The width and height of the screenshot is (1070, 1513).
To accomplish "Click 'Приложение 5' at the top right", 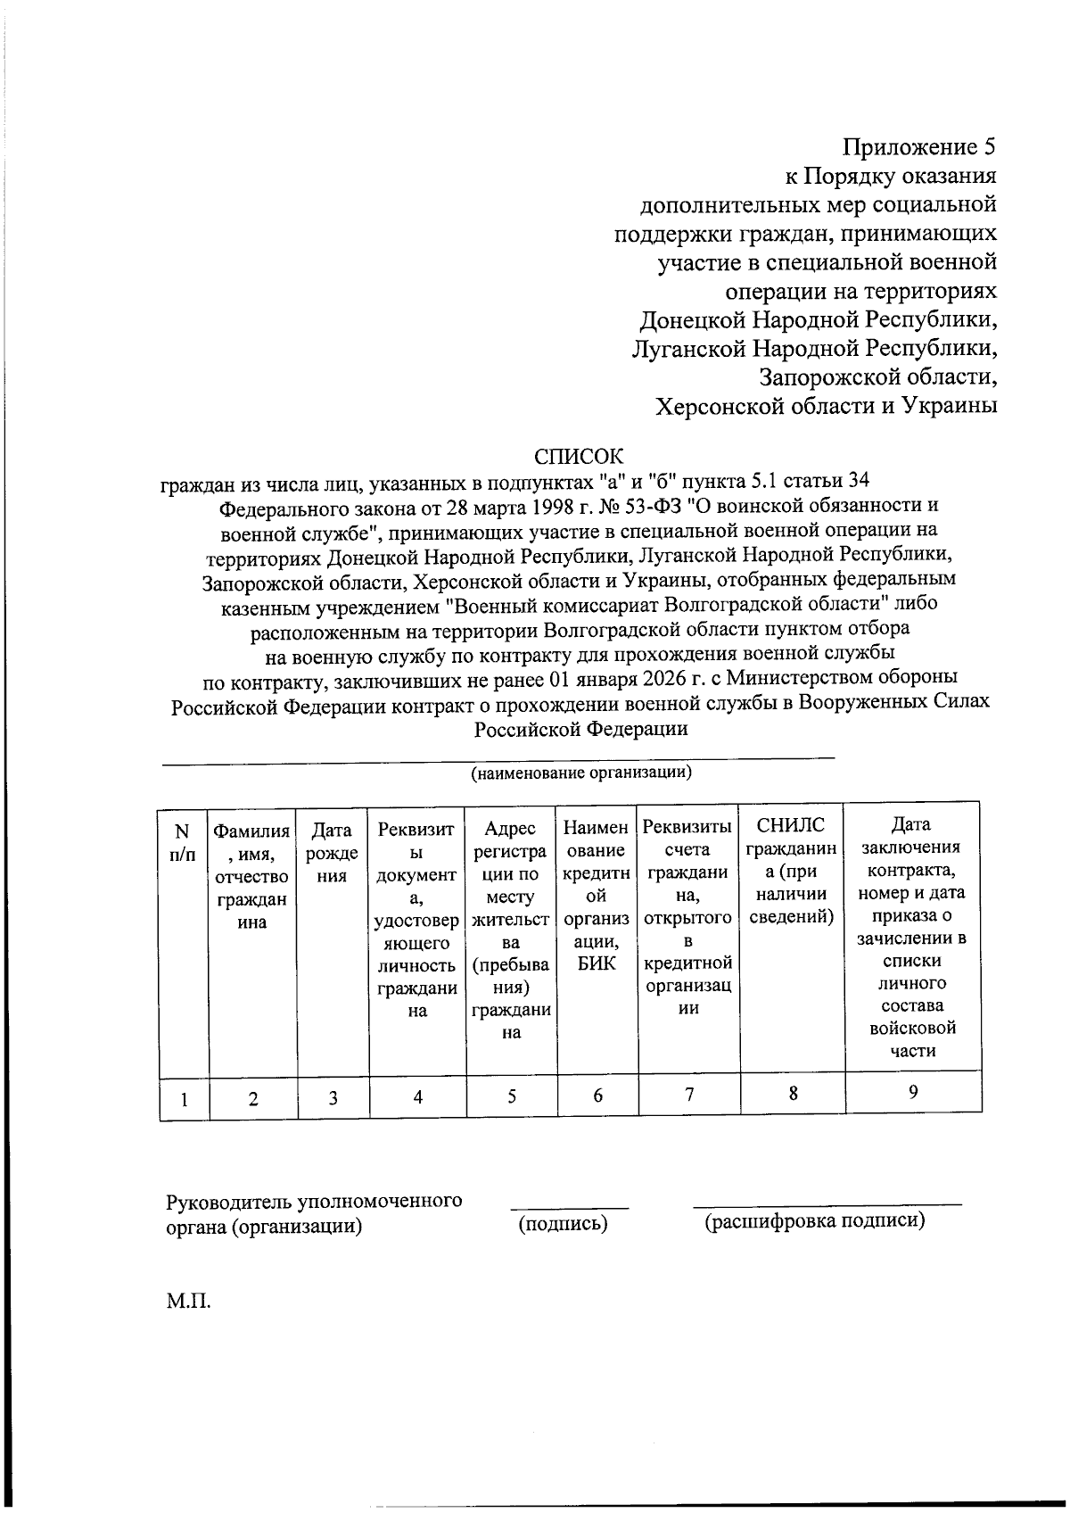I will coord(919,147).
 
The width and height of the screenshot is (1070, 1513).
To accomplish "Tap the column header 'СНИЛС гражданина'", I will coord(792,870).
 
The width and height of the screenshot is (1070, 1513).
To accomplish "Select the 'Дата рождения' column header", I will coord(332,853).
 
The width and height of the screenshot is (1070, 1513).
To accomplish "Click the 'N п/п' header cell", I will coord(183,842).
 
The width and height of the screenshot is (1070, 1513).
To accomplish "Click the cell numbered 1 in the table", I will coord(184,1099).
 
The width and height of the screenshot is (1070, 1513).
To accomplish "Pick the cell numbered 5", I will coord(511,1096).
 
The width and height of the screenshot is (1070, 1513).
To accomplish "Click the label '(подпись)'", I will coord(563,1224).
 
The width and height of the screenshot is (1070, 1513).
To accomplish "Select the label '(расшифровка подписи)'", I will coord(814,1220).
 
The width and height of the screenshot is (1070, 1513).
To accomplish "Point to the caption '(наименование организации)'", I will coord(581,773).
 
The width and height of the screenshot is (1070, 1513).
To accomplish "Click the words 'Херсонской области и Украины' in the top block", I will coord(826,407).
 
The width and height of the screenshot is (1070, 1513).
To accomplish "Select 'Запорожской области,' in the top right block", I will coord(877,377).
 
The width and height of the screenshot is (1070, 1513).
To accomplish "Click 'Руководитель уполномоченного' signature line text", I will coord(314,1201).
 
